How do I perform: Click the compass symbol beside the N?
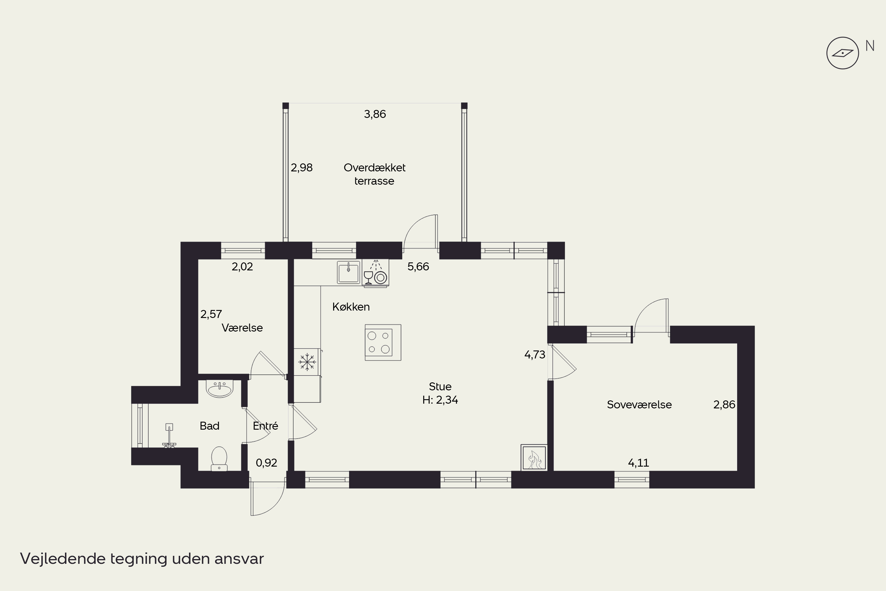842,53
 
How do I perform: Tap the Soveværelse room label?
639,405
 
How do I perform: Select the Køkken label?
351,307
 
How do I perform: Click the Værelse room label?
242,327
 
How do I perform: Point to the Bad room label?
209,426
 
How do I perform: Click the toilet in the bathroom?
219,458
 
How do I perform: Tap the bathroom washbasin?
220,389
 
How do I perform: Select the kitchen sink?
348,272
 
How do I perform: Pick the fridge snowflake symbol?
307,362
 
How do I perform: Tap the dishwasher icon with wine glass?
376,273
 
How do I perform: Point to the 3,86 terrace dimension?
375,114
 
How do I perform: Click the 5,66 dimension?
418,267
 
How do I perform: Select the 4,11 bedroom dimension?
639,463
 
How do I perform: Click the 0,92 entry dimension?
266,463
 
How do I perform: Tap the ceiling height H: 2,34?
440,400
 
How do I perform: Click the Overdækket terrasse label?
374,174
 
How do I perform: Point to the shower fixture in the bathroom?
169,436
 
